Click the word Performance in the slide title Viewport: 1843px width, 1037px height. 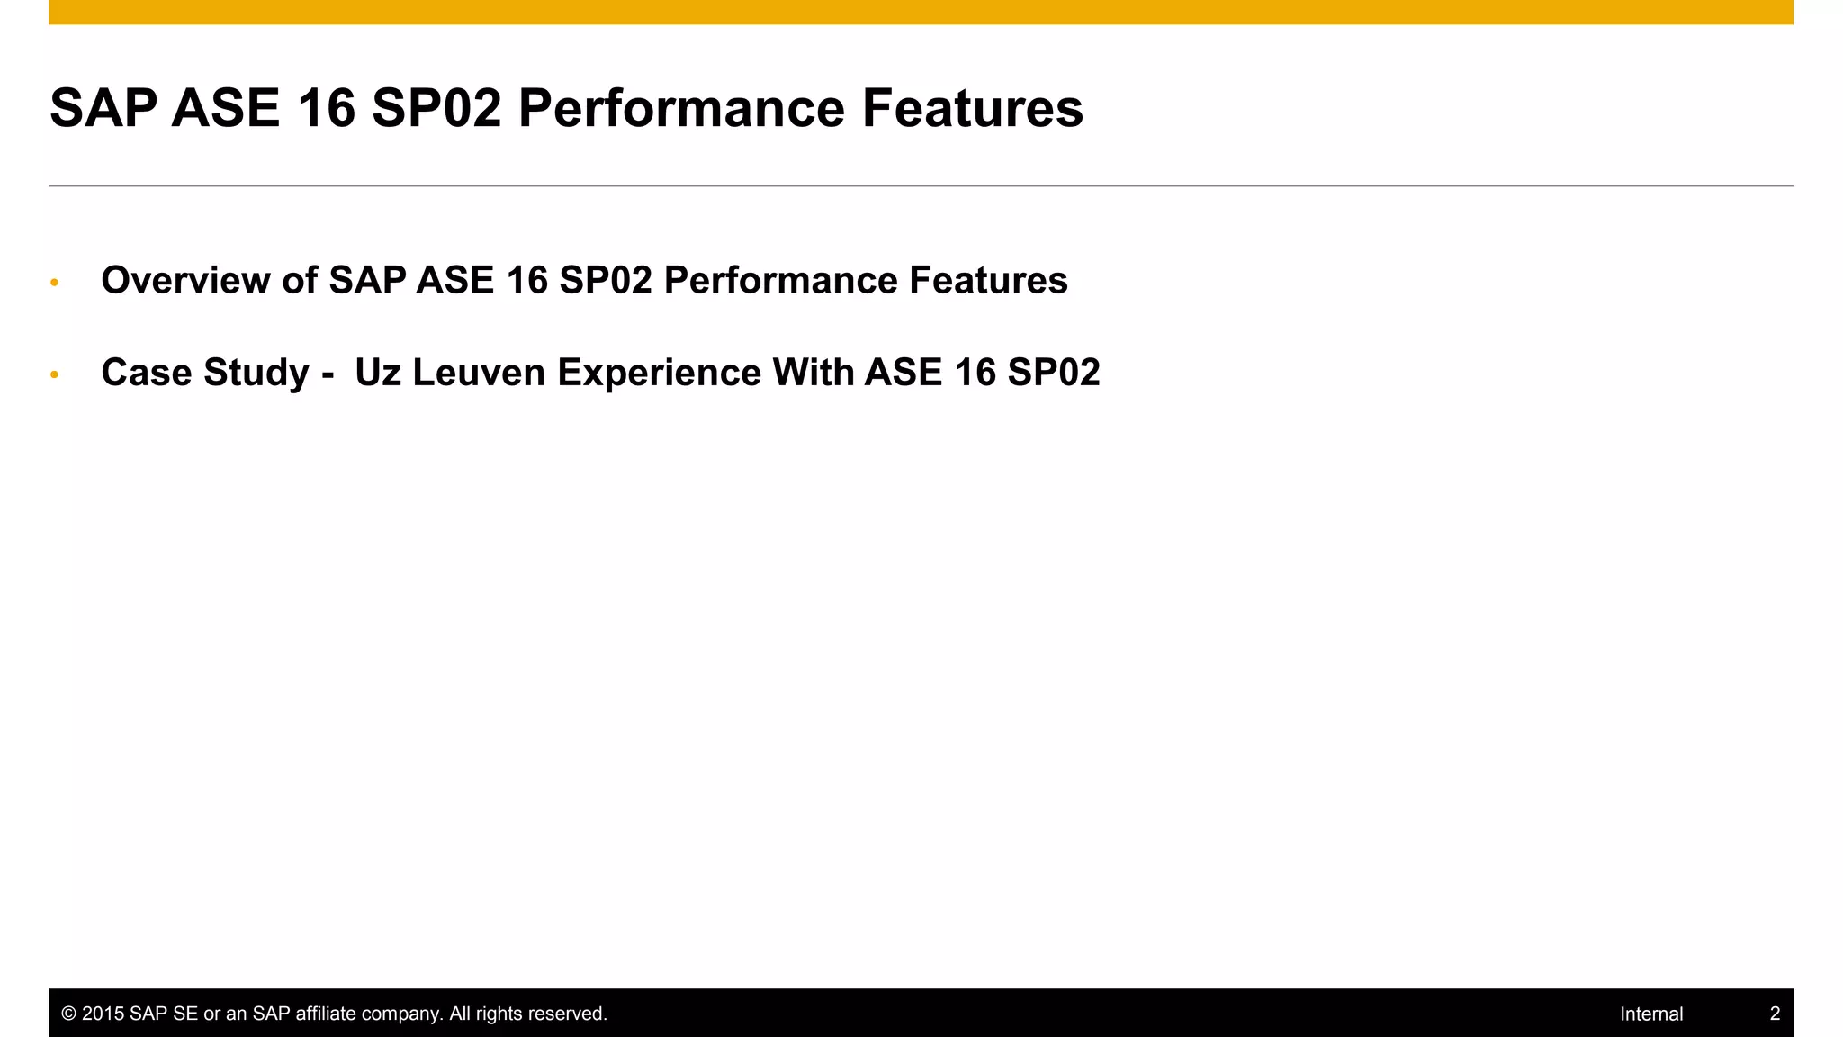pos(681,108)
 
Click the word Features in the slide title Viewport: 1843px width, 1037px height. pos(972,108)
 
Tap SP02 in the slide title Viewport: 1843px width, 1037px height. pos(436,108)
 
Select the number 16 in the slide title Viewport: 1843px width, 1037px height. pos(326,108)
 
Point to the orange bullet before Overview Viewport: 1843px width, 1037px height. pos(55,283)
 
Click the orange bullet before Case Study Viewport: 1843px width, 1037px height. pos(55,374)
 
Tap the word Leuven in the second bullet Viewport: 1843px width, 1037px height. pos(479,373)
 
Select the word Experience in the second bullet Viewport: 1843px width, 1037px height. pos(659,373)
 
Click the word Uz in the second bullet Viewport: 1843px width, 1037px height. pos(377,373)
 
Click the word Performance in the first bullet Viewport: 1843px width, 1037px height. pos(780,280)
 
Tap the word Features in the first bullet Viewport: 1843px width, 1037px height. pos(988,280)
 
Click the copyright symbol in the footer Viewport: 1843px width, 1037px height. pos(68,1014)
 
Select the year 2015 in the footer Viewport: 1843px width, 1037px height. pos(103,1014)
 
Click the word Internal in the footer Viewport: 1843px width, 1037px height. pos(1650,1014)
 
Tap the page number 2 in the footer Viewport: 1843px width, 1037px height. pos(1775,1014)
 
